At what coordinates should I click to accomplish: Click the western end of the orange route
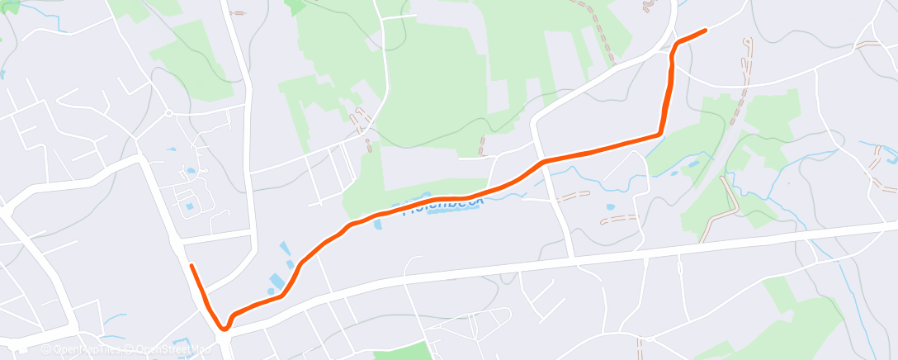191,266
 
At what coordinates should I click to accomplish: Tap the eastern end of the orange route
705,31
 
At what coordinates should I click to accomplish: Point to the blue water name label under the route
441,205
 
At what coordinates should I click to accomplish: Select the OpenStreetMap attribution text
169,349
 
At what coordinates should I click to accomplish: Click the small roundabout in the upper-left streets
168,113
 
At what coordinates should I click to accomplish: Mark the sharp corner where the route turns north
659,133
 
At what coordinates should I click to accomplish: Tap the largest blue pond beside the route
276,282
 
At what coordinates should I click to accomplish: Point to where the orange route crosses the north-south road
544,161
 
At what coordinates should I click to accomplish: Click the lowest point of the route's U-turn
224,329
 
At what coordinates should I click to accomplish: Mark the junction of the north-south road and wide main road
573,258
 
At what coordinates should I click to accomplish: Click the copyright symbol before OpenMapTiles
46,349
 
